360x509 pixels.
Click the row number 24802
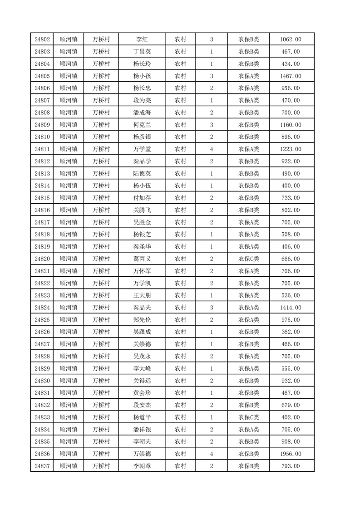tap(42, 39)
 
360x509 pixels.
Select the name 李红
tap(142, 39)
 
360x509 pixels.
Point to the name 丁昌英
tap(142, 52)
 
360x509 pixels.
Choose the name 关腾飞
tap(142, 210)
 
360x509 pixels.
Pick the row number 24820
tap(42, 259)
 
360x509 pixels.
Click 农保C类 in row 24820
tap(248, 259)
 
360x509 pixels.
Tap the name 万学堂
tap(142, 149)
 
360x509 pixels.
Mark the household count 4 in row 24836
tap(212, 454)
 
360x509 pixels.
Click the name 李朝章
tap(142, 466)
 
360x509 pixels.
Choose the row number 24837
tap(42, 466)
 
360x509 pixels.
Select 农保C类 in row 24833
tap(248, 417)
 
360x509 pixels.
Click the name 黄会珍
tap(142, 393)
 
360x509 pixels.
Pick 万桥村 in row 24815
tap(101, 198)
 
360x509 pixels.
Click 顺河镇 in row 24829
tap(69, 368)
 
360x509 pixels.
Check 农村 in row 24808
tap(180, 113)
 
